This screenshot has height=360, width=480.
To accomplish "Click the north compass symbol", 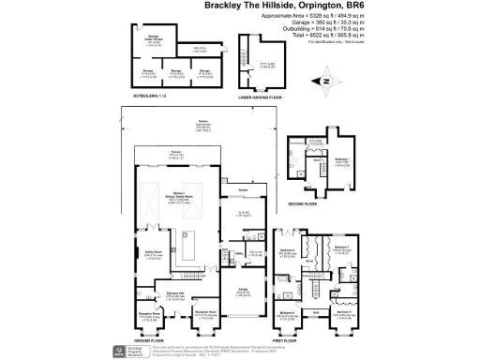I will coord(325,82).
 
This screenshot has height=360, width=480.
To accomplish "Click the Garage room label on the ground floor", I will coord(242,289).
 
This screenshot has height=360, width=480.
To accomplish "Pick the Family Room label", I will coord(152,251).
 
